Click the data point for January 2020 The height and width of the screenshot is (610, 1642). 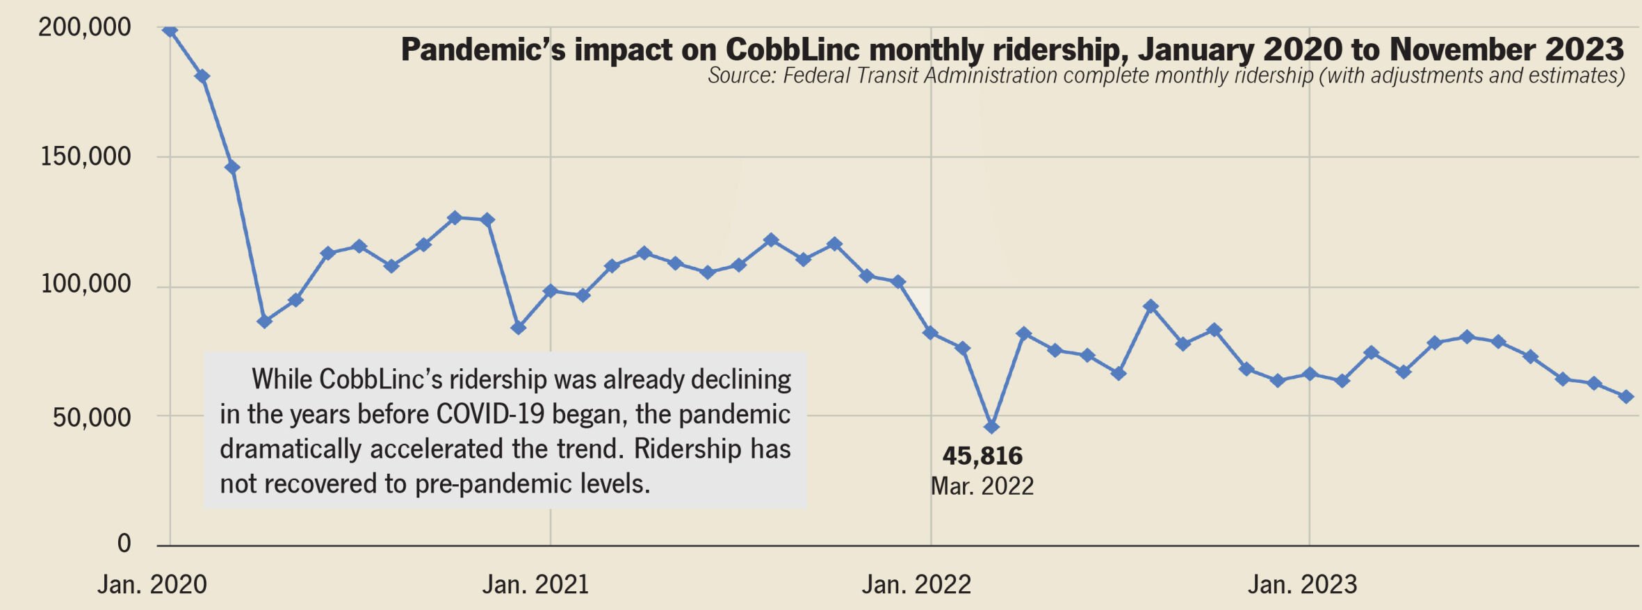(x=170, y=30)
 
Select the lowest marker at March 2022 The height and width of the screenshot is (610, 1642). (x=992, y=427)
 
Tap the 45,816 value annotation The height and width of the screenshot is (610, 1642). (x=982, y=456)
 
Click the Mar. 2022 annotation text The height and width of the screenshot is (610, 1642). (x=982, y=486)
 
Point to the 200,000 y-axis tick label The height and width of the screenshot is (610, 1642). (x=84, y=27)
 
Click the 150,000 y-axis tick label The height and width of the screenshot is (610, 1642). (x=86, y=156)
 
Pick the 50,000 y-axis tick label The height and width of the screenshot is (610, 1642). (x=92, y=417)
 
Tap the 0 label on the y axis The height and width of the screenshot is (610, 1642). (x=124, y=543)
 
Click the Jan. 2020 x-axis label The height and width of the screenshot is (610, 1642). (x=152, y=584)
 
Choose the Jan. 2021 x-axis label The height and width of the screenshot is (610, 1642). (x=535, y=584)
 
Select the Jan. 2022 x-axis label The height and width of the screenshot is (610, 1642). (x=916, y=584)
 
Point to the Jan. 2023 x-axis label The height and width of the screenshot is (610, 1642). (x=1302, y=584)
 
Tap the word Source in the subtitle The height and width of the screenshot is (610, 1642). (x=740, y=75)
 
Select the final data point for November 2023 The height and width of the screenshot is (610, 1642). (x=1626, y=397)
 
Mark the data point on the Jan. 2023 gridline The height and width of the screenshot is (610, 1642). (x=1310, y=374)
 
